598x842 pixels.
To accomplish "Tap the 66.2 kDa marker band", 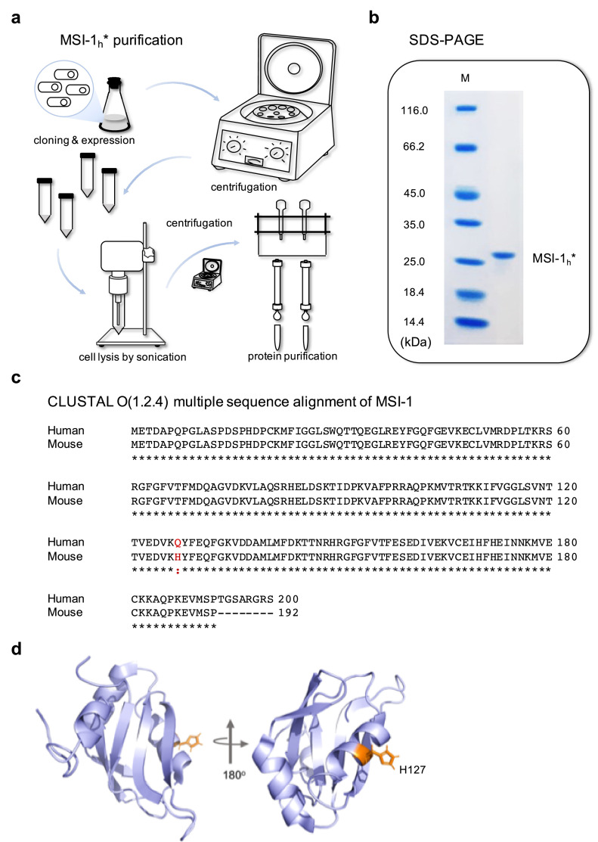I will pyautogui.click(x=464, y=146).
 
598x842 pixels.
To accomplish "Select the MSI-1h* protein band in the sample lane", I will pyautogui.click(x=502, y=256).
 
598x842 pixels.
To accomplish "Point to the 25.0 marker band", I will pyautogui.click(x=464, y=261).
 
